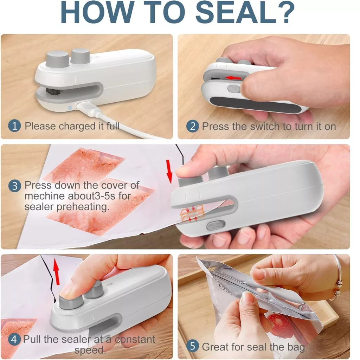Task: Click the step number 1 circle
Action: [x=14, y=126]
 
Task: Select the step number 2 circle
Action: [x=192, y=126]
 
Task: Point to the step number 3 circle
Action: [x=15, y=186]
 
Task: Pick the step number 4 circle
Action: [x=14, y=339]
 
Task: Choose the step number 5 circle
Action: [x=192, y=346]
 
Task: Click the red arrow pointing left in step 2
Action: [x=233, y=78]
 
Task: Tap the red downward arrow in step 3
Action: [x=169, y=172]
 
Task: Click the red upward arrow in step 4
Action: [x=57, y=271]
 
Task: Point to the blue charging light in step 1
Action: [x=70, y=108]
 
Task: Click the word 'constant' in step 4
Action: [x=135, y=339]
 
